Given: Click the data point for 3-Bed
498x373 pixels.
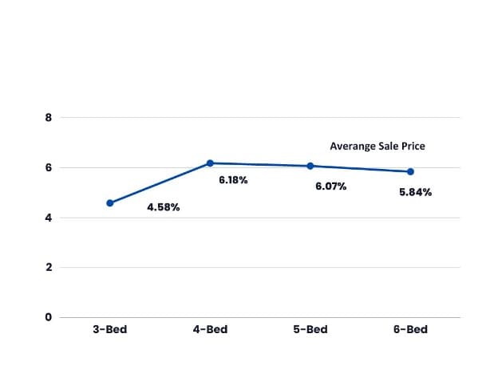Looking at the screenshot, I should click(x=109, y=203).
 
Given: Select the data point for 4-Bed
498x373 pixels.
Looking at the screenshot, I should click(x=210, y=163).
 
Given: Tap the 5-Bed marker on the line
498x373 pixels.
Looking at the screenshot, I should click(x=310, y=166).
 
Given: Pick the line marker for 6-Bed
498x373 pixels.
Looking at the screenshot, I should click(x=410, y=171).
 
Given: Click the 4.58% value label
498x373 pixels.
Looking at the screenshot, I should click(x=164, y=208).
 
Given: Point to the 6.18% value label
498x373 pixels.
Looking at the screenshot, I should click(x=233, y=180).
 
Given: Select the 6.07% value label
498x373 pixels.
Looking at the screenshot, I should click(x=331, y=186).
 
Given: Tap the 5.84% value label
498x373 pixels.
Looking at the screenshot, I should click(x=415, y=192).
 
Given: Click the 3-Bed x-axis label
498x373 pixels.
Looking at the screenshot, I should click(x=109, y=329).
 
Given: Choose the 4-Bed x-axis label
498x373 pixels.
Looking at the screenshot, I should click(x=210, y=329).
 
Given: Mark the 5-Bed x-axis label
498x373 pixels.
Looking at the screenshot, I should click(x=310, y=329).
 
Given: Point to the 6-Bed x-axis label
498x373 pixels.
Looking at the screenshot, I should click(x=410, y=329).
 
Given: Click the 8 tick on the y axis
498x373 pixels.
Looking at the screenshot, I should click(x=49, y=118).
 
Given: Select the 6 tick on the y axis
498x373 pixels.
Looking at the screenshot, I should click(x=49, y=168).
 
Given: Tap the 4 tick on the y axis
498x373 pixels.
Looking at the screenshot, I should click(x=49, y=218).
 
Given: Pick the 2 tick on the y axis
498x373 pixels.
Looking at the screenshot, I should click(x=49, y=268).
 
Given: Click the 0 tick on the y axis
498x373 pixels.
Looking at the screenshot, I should click(x=49, y=317).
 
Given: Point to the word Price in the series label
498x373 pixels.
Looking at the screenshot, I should click(x=413, y=147).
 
